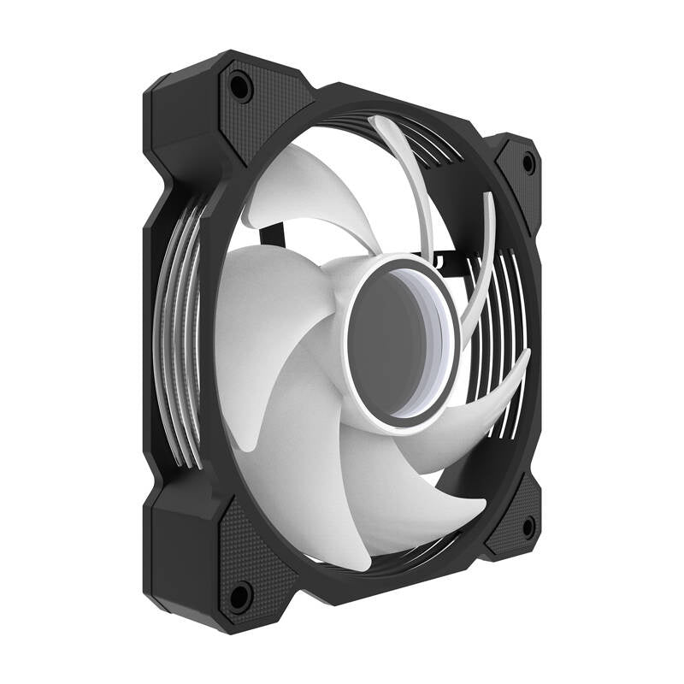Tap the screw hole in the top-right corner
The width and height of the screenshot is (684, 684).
click(528, 162)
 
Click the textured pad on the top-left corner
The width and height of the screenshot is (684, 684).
click(256, 111)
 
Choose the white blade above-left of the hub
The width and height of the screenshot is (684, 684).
click(308, 188)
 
